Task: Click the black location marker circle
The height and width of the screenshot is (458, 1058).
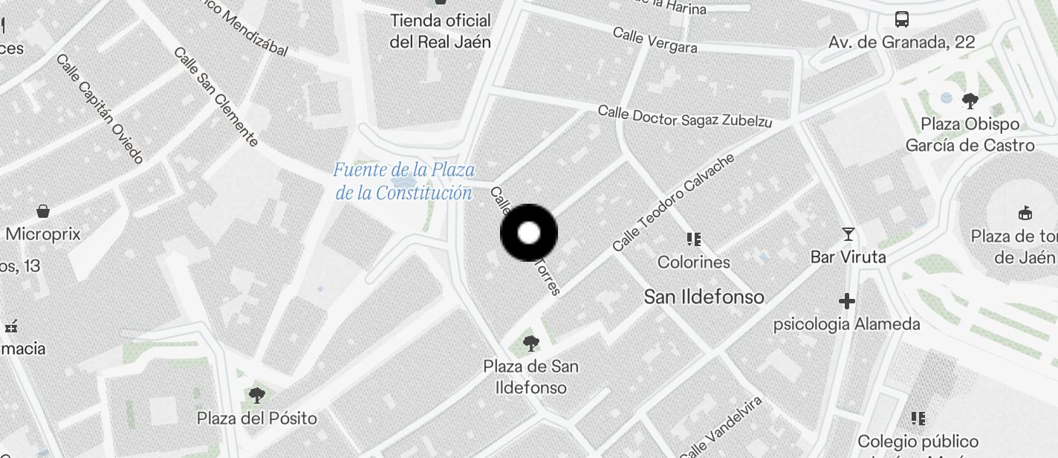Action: click(529, 233)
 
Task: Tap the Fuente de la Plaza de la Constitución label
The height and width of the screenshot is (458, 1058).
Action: click(403, 181)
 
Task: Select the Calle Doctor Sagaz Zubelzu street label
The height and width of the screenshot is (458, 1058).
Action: click(685, 116)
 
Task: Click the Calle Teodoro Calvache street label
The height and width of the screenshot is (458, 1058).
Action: click(674, 201)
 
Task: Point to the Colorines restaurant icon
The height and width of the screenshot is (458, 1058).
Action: click(694, 239)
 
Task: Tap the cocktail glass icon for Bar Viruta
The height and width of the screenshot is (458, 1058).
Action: click(848, 235)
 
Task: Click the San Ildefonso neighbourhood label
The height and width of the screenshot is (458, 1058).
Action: click(704, 297)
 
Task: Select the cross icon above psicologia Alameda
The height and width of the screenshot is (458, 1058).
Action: click(847, 301)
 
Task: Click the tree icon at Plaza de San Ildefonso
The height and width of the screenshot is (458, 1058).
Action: click(530, 343)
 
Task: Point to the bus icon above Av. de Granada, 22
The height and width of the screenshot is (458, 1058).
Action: click(902, 19)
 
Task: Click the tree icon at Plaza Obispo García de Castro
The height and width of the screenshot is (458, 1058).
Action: click(970, 100)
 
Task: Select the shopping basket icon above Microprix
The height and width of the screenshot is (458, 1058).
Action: click(43, 211)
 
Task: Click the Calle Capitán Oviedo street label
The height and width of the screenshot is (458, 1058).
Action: click(100, 109)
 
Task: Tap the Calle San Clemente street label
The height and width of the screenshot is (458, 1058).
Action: click(215, 97)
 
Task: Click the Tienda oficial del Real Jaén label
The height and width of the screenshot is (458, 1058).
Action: click(441, 31)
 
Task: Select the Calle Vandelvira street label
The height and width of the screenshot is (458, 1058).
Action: click(721, 428)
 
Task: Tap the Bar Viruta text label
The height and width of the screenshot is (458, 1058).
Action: click(848, 257)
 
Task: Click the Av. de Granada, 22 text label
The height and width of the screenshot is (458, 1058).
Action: click(901, 42)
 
